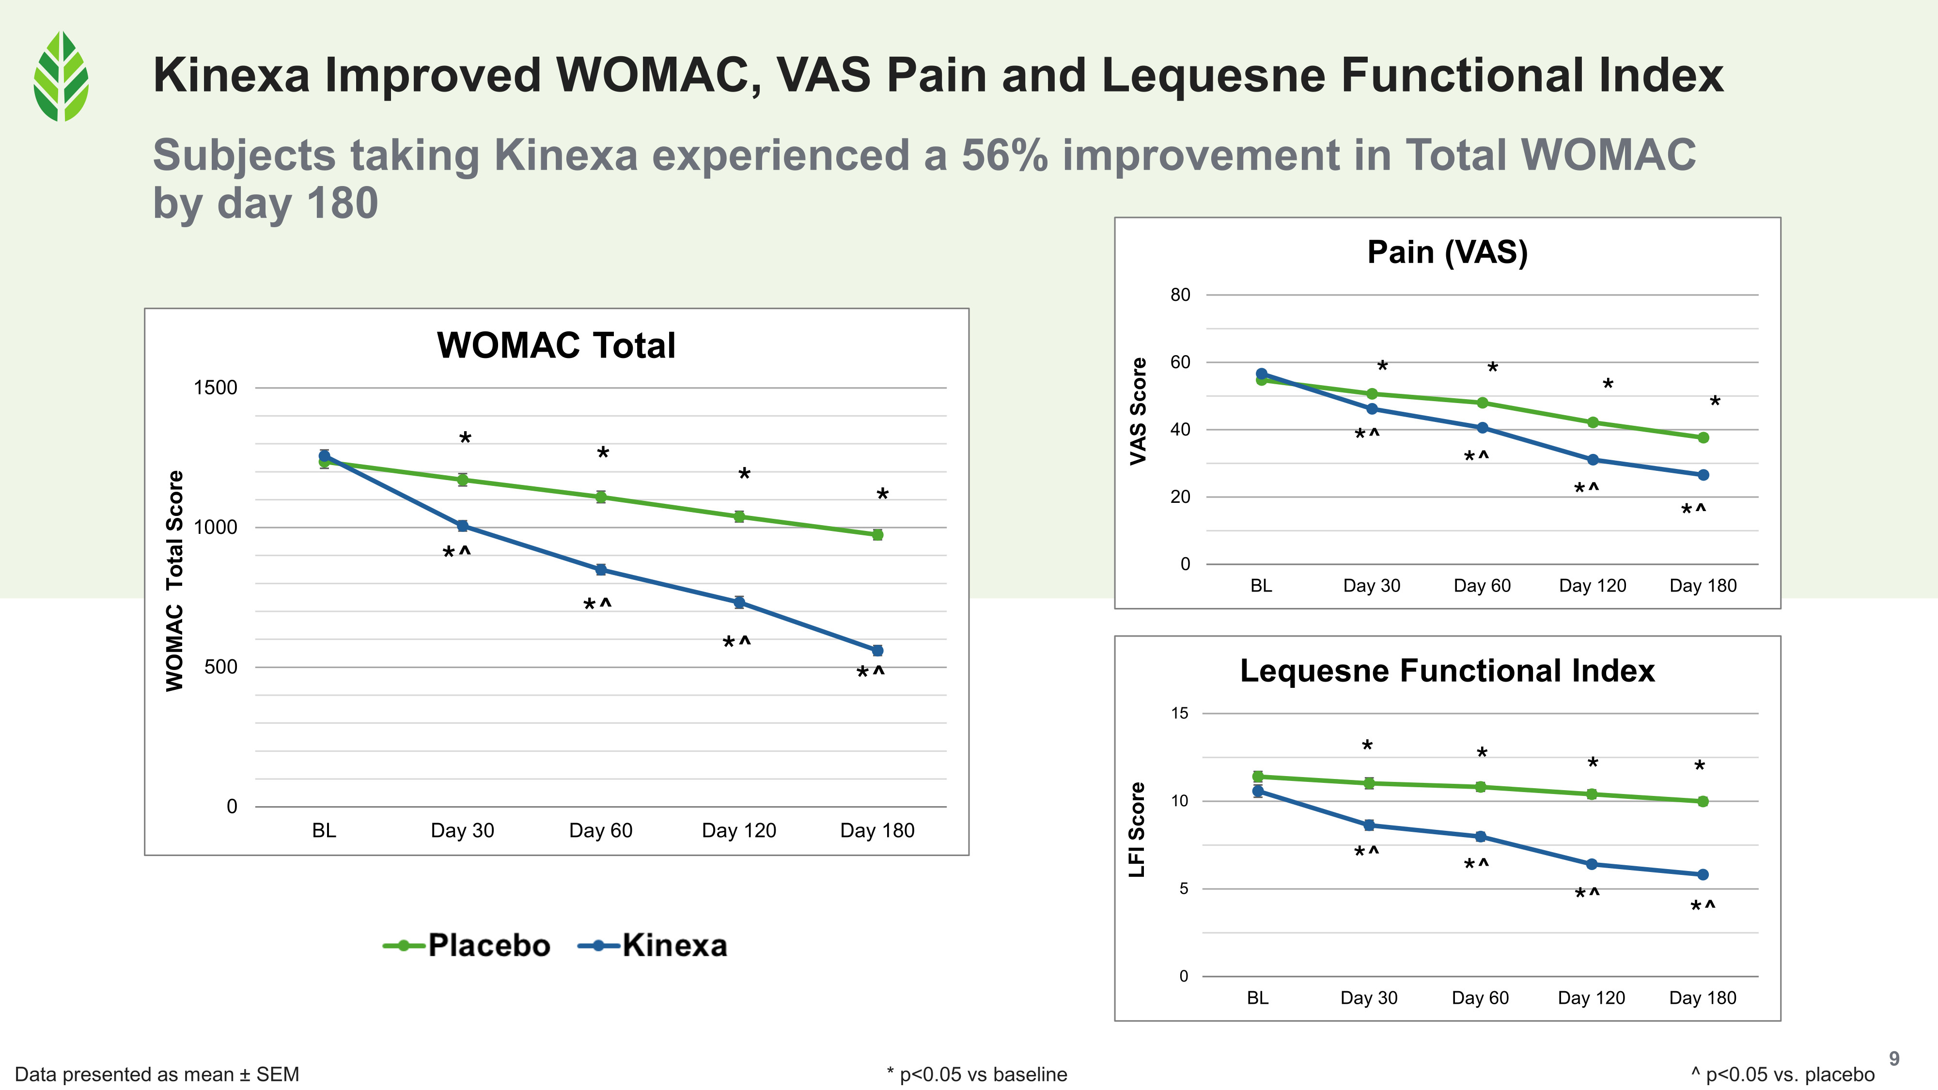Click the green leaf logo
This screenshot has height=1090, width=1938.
(61, 76)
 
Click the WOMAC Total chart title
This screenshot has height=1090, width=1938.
(556, 345)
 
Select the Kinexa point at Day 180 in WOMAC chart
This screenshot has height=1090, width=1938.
(877, 651)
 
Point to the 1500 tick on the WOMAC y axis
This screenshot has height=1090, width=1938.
(215, 388)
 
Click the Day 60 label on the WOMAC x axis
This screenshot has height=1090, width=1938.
(600, 830)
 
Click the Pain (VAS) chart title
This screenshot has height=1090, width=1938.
(1447, 252)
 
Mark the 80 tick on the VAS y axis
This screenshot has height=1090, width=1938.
(1180, 295)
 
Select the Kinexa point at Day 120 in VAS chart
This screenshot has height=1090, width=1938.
(1593, 460)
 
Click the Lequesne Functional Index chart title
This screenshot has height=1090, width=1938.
(1447, 670)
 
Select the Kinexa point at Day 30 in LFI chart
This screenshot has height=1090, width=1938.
(1369, 825)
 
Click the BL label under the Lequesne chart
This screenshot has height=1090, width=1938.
(1257, 998)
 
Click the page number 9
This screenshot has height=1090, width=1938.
(1893, 1059)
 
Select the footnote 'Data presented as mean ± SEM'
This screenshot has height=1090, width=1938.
(157, 1074)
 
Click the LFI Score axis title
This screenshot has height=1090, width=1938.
(1136, 830)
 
